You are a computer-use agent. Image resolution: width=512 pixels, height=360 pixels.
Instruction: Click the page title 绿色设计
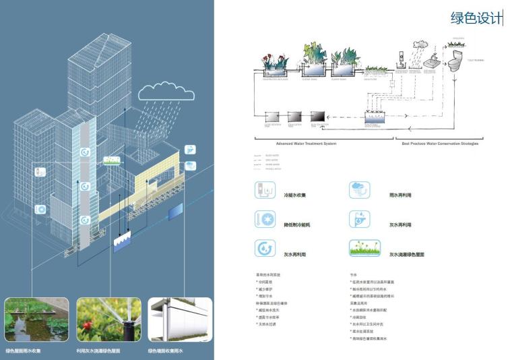point(476,18)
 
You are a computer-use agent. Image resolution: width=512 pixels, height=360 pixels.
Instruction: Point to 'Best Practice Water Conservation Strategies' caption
point(440,144)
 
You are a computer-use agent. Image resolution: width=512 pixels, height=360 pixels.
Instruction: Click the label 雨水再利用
point(400,195)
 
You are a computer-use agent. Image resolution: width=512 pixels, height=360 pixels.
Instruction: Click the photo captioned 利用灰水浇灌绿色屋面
point(108,320)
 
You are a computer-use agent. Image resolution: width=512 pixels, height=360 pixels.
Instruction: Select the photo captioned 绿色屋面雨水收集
point(36,320)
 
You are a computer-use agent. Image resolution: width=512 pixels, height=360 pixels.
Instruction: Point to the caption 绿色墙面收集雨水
point(166,351)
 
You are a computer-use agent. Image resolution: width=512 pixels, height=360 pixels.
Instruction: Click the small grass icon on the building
point(113,160)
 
